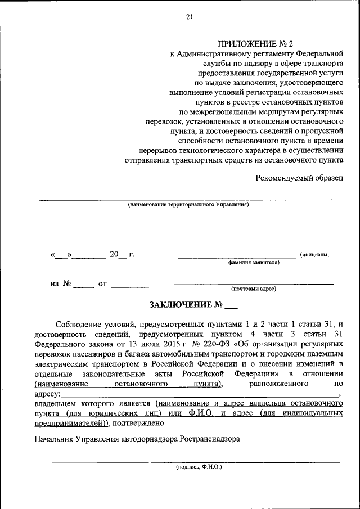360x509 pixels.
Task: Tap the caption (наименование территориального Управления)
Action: point(188,205)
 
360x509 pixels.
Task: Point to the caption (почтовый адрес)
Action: point(254,289)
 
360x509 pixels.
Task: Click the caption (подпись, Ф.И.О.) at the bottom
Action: point(199,467)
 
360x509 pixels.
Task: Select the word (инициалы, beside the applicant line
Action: point(315,255)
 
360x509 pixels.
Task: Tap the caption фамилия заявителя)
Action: point(254,262)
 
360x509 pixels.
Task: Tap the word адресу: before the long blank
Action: point(47,394)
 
